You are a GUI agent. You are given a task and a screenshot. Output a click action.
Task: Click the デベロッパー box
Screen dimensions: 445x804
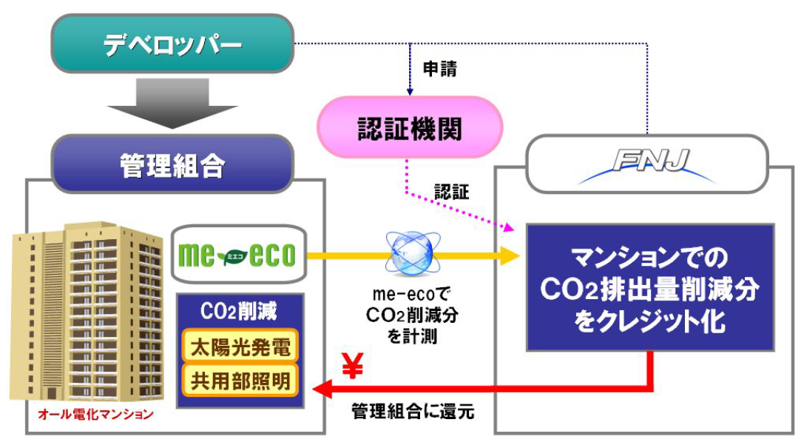click(x=172, y=45)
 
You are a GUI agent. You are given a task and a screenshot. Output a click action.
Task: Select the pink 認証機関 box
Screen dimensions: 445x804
click(x=409, y=129)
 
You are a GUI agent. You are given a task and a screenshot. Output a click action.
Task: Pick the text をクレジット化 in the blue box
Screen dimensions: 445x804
click(x=650, y=324)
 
